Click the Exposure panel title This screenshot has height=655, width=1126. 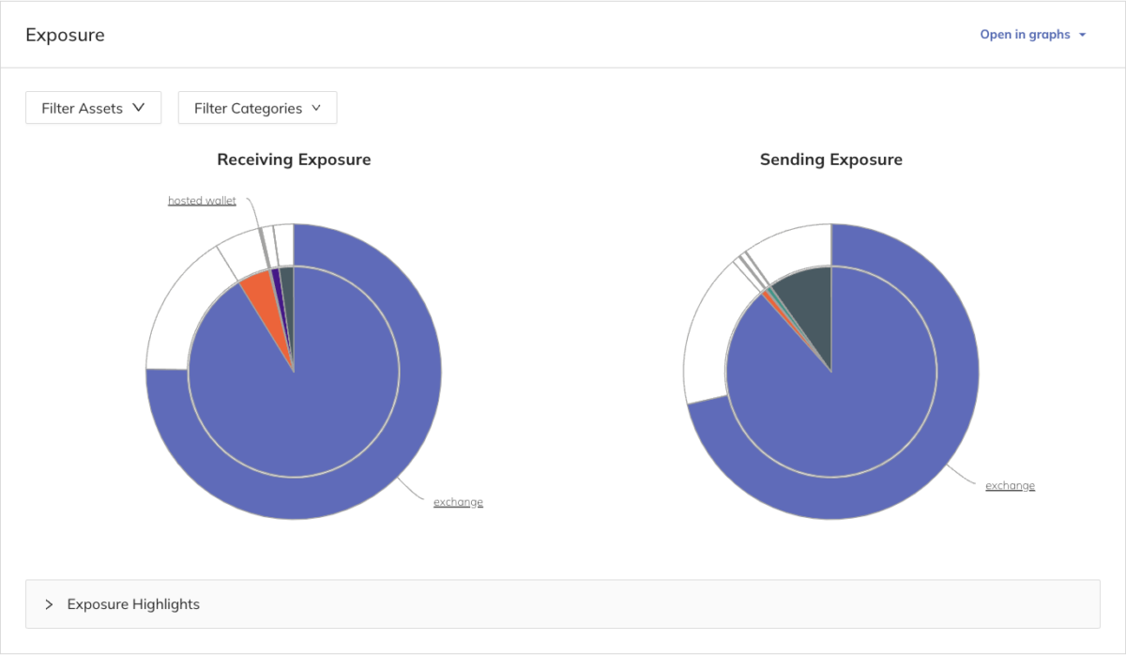(65, 36)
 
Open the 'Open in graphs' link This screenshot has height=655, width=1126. (1025, 35)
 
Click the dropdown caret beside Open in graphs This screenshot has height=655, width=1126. (1083, 35)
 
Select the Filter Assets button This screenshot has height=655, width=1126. (93, 108)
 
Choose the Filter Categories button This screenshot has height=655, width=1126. (257, 108)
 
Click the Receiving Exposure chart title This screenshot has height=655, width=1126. (294, 160)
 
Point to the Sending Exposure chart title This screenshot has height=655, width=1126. (830, 160)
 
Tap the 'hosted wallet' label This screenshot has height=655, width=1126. (202, 201)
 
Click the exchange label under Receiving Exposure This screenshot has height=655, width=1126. (458, 502)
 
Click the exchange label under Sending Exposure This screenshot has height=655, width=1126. (1010, 485)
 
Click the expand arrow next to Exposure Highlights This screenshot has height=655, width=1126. (49, 604)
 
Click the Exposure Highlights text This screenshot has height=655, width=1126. (133, 604)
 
